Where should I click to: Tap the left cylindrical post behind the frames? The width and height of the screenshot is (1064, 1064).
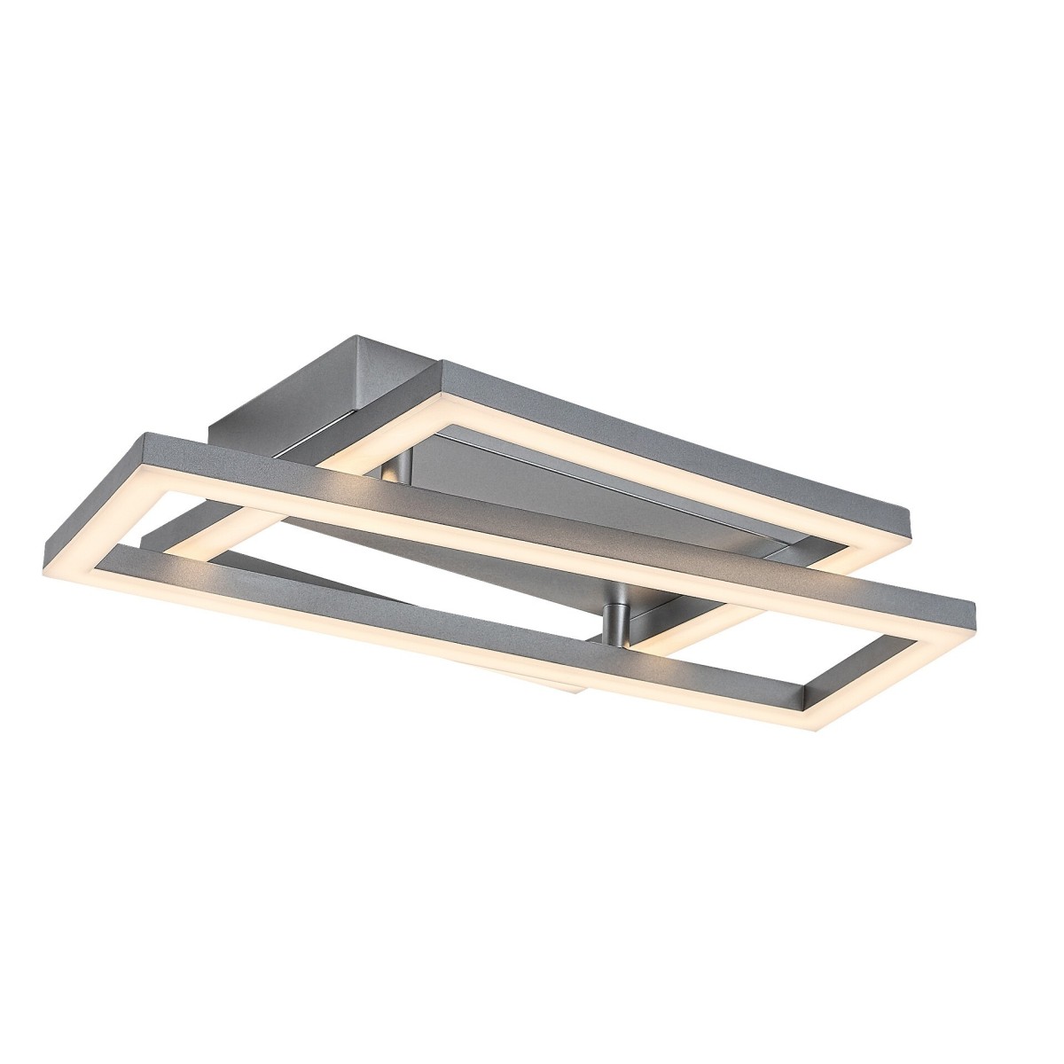click(x=401, y=470)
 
